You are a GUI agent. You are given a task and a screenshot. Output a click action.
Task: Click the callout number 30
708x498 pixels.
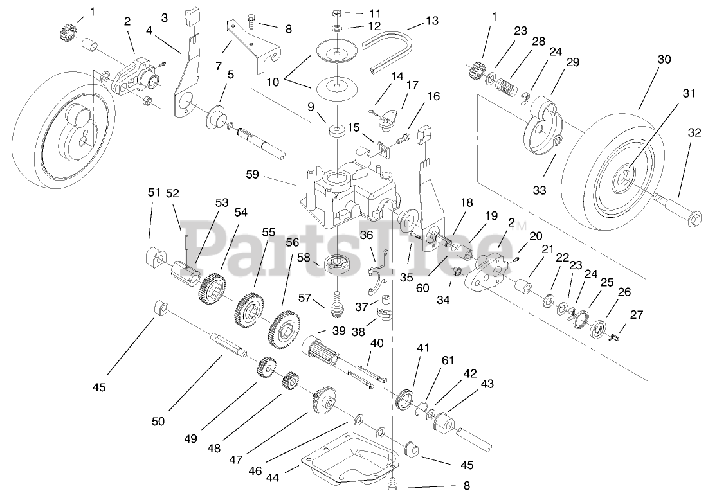(664, 60)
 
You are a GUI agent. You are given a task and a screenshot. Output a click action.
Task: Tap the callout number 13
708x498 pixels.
(431, 21)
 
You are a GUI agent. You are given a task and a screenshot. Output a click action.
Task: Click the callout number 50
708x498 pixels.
(158, 422)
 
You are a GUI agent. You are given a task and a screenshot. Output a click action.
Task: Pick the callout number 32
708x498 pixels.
(694, 133)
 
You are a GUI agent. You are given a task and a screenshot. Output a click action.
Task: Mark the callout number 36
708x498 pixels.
(367, 236)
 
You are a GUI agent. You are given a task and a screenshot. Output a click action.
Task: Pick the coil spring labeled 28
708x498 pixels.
(509, 85)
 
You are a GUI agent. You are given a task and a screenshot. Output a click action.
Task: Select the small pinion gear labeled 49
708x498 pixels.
(266, 369)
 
